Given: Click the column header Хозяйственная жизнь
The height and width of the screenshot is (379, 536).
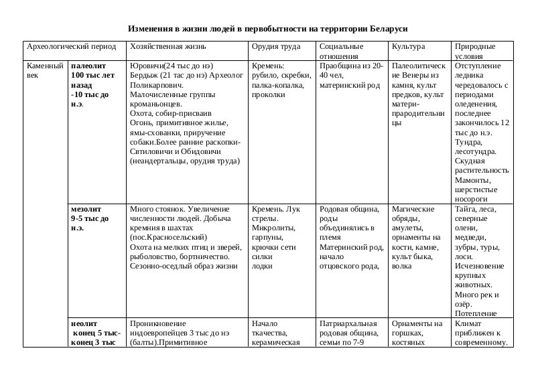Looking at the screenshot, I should point(168,47).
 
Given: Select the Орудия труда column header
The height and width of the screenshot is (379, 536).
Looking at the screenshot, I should point(271,47).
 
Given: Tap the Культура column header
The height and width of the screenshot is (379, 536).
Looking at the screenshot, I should point(407,47).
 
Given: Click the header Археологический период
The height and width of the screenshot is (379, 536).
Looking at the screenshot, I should point(66,47).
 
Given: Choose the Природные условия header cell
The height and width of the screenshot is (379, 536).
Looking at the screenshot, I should point(474,51).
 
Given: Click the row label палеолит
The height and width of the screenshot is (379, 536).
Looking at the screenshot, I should point(88,66).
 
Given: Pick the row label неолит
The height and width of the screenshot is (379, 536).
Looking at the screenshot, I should point(84,323).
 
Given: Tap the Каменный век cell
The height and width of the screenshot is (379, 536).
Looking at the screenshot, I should point(45,71).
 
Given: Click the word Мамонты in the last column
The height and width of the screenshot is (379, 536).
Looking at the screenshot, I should point(473,180).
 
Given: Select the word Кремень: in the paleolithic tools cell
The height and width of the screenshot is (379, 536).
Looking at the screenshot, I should point(268,66).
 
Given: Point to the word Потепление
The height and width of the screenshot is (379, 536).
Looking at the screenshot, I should point(476,313).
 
